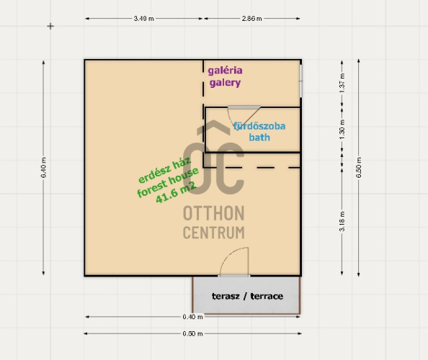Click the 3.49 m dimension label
(x=143, y=19)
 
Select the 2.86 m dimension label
(x=251, y=19)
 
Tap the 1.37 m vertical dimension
(x=342, y=83)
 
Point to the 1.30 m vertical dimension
(x=342, y=130)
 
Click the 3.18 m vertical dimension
(x=342, y=221)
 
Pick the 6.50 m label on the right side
(x=359, y=168)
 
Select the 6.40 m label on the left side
(x=44, y=168)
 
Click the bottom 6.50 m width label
(x=192, y=333)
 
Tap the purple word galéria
(x=226, y=71)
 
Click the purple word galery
(x=226, y=83)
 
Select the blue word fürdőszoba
(x=259, y=126)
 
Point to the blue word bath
(x=259, y=138)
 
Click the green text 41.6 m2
(x=176, y=192)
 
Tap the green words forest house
(x=168, y=182)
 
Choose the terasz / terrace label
(x=247, y=296)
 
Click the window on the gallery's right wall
(x=301, y=81)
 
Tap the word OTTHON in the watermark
(x=214, y=213)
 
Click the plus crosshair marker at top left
(x=50, y=26)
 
